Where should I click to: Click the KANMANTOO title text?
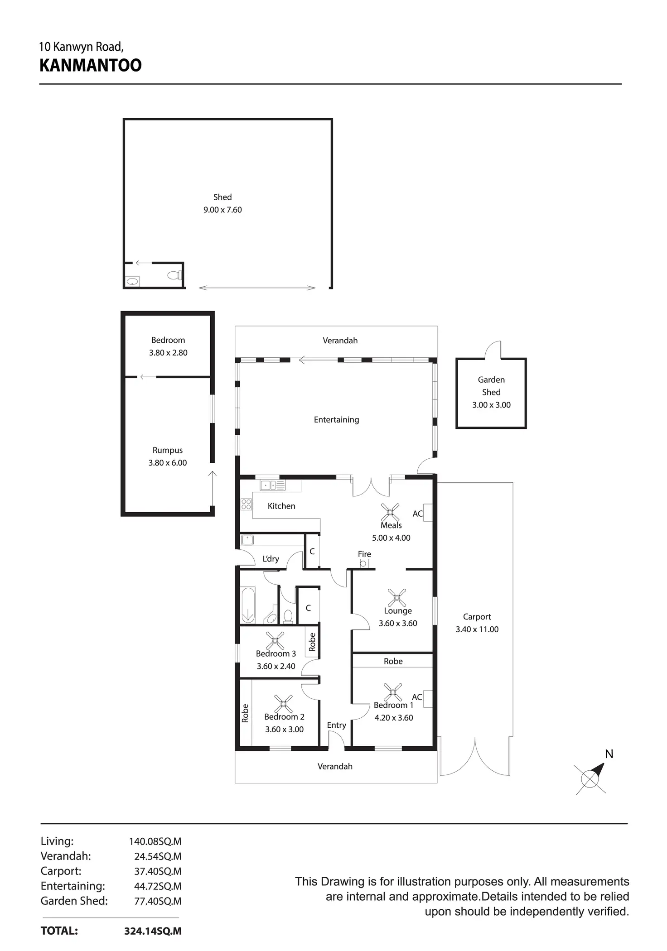[x=91, y=66]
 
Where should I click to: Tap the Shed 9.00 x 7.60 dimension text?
[x=222, y=210]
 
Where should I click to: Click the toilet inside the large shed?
[x=174, y=275]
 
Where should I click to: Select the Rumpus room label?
[x=168, y=450]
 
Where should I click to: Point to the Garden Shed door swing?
[x=493, y=350]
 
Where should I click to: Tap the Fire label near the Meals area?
[x=364, y=554]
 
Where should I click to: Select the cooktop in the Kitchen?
[x=246, y=504]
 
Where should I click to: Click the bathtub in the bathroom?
[x=248, y=605]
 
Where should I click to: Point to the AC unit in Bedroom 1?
[x=428, y=698]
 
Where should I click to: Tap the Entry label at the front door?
[x=336, y=725]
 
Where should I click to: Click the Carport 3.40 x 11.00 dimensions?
[x=477, y=629]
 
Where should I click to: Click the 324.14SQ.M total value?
[x=153, y=931]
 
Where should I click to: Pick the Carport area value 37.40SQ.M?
[x=158, y=871]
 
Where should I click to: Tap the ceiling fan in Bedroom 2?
[x=284, y=703]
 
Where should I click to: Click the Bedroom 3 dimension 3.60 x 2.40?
[x=276, y=666]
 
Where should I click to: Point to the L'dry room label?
[x=271, y=559]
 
